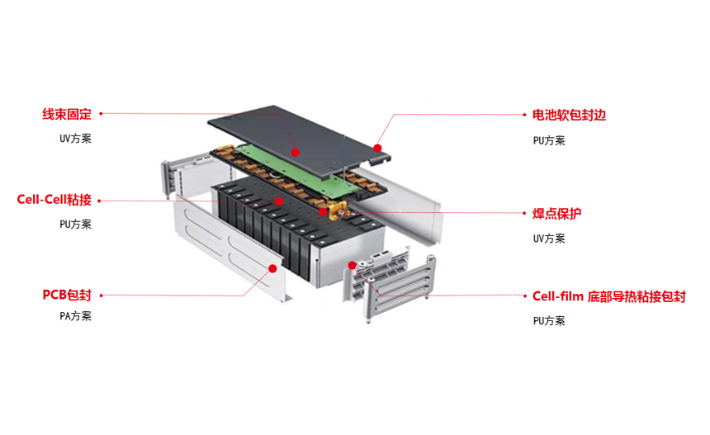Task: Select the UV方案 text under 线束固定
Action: (75, 139)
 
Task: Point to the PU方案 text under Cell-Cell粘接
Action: (75, 225)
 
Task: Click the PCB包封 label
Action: (66, 295)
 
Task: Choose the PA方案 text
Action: (75, 316)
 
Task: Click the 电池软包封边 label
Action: (569, 116)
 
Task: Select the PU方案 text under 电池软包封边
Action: (549, 141)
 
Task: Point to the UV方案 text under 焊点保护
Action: (549, 239)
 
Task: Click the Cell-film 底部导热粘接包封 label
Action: (608, 296)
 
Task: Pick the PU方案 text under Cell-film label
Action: (549, 321)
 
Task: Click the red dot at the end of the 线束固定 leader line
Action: (295, 152)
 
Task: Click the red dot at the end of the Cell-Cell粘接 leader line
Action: (280, 201)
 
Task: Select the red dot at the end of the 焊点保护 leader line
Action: (324, 212)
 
